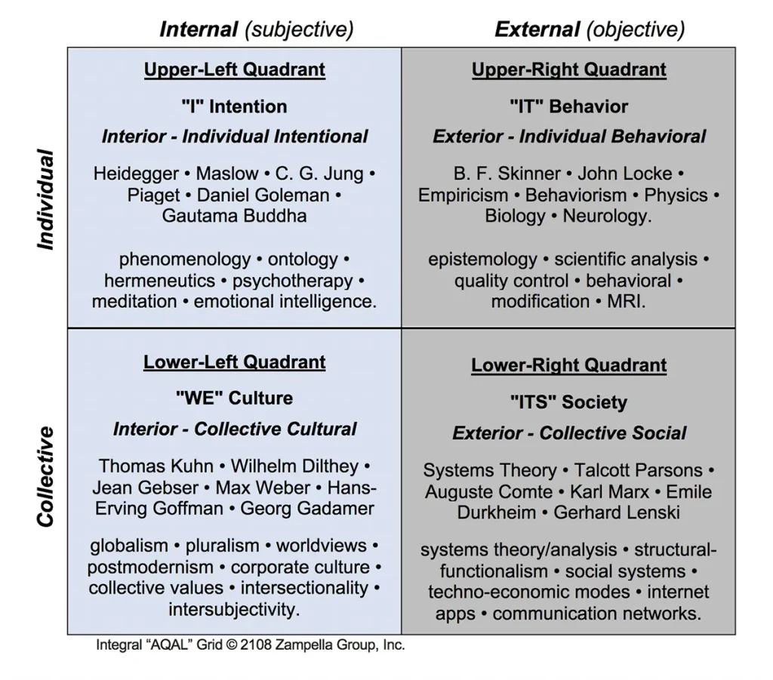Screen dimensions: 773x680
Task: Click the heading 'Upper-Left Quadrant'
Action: [x=235, y=69]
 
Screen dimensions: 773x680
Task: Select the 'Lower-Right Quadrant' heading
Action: [x=569, y=365]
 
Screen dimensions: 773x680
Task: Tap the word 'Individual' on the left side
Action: [x=45, y=199]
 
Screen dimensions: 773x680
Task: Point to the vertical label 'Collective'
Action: [x=45, y=477]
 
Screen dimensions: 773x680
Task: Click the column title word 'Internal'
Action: [x=199, y=29]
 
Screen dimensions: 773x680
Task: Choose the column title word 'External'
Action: [x=537, y=29]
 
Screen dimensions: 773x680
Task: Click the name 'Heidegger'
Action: [x=136, y=174]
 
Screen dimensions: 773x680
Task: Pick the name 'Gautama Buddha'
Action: [x=234, y=216]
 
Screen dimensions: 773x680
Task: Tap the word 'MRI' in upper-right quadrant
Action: [x=624, y=301]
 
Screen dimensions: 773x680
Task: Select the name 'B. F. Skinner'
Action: [x=507, y=174]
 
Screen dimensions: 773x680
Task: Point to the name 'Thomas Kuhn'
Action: [x=156, y=466]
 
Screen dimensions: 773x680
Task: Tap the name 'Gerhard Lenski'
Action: [x=616, y=512]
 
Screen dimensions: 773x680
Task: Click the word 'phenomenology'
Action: [x=185, y=259]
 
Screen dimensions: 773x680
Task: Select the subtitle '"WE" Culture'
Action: [x=234, y=398]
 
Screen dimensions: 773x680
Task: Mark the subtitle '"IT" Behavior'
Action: [x=569, y=106]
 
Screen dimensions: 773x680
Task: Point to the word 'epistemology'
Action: [x=482, y=259]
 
